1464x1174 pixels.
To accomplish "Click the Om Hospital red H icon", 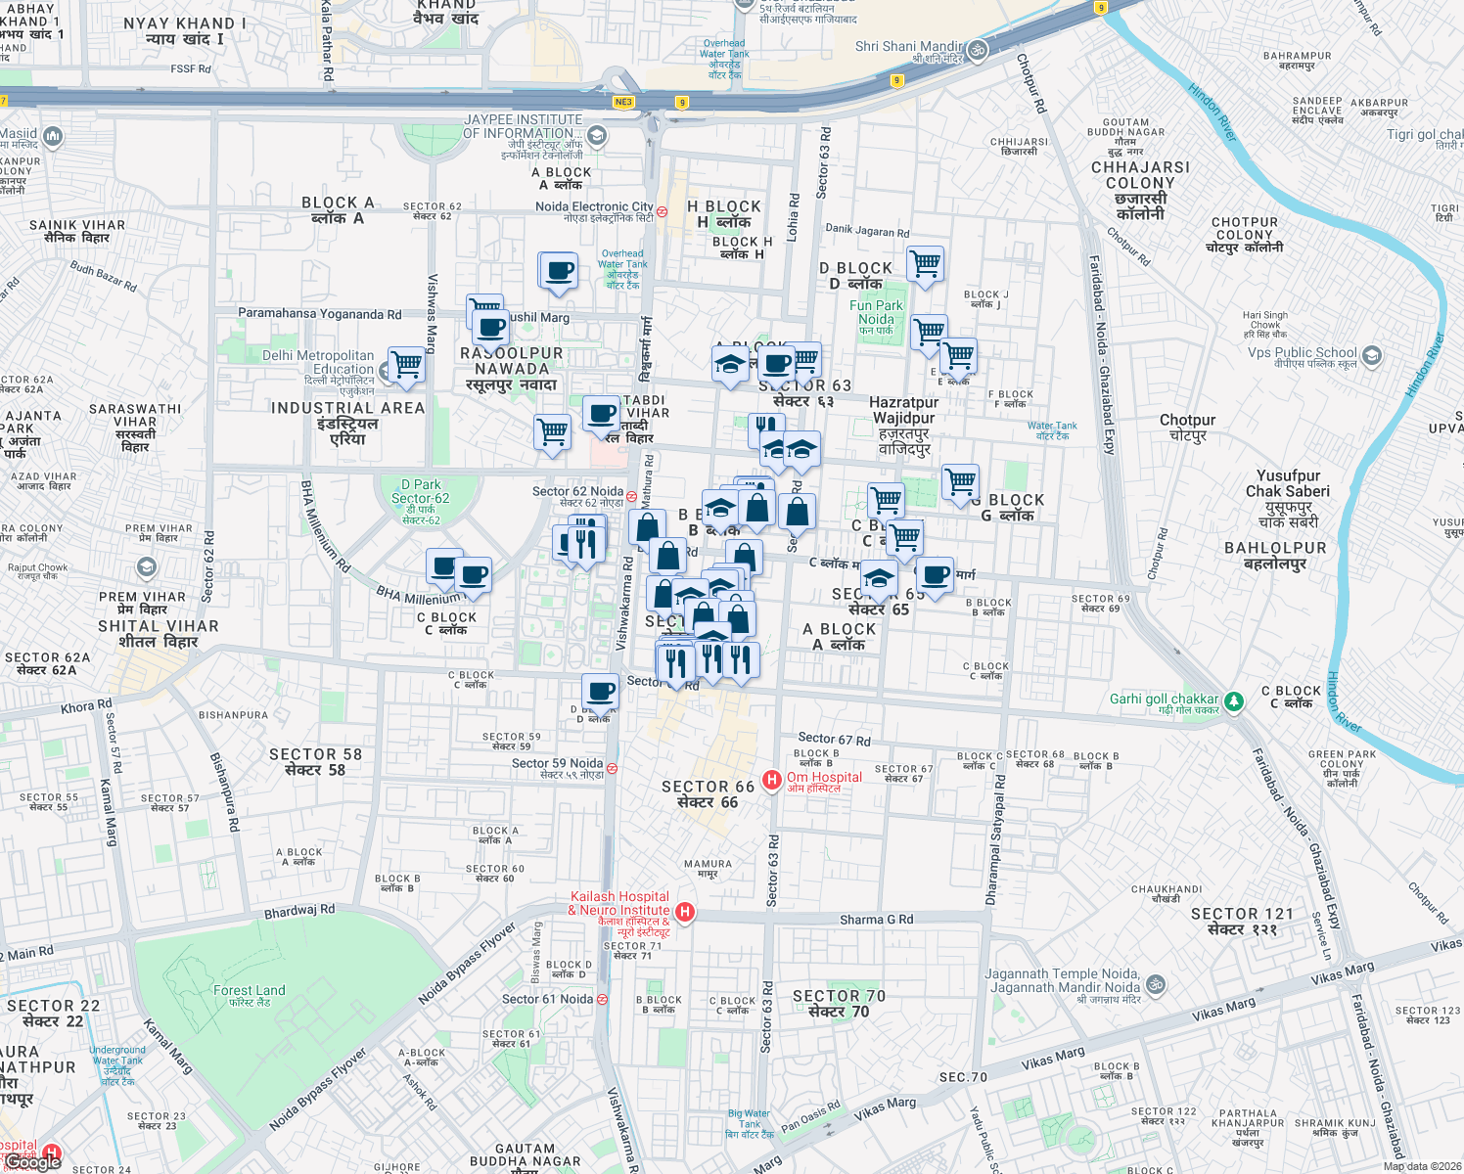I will (x=771, y=780).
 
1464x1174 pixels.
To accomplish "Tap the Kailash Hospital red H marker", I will (x=685, y=912).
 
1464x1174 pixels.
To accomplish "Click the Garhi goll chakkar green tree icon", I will (x=1234, y=700).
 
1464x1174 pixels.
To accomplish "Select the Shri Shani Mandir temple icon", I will (x=977, y=50).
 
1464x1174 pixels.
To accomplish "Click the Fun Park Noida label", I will (x=876, y=312).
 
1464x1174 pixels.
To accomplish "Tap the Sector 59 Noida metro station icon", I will (x=612, y=768).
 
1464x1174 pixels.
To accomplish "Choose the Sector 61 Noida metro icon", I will (x=602, y=999).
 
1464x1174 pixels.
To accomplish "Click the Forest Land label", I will (x=249, y=991).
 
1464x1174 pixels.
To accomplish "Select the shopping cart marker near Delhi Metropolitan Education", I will (x=407, y=364).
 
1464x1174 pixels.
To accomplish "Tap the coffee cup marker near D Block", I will (x=601, y=691).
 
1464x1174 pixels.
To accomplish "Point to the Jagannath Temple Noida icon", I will (x=1156, y=983).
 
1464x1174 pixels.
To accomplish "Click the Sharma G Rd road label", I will (x=876, y=920).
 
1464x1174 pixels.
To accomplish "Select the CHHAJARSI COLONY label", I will (x=1140, y=175).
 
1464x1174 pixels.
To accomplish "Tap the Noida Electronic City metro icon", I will (x=663, y=211).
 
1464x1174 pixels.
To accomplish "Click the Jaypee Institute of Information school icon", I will (x=597, y=135).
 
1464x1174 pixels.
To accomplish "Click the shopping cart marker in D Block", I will (x=924, y=263).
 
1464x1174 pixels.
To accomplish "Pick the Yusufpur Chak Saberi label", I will (x=1287, y=483).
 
